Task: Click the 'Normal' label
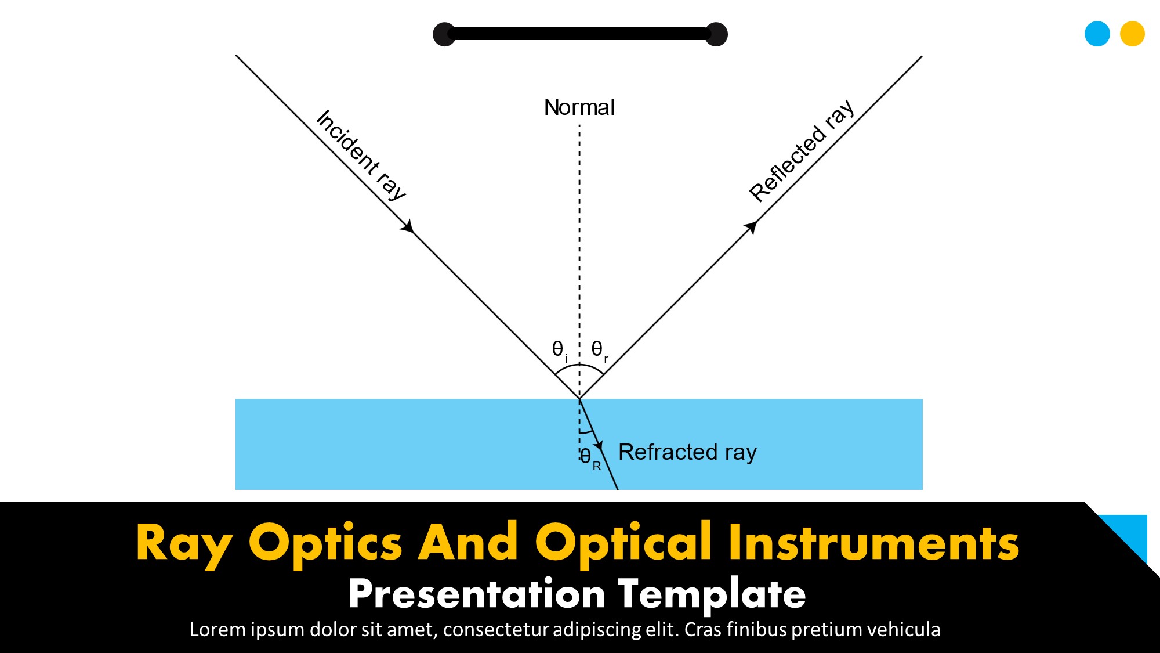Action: [x=579, y=107]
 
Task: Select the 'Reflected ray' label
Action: [x=802, y=151]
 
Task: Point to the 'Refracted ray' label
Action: [x=687, y=452]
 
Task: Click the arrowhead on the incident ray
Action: [x=408, y=227]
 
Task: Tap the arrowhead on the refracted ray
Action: [x=599, y=446]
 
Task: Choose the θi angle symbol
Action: [x=559, y=349]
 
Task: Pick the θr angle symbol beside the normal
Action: [x=598, y=349]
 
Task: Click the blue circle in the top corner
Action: [x=1097, y=34]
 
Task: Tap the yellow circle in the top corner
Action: [x=1132, y=34]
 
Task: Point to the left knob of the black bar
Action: [x=445, y=34]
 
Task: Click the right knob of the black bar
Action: [x=716, y=34]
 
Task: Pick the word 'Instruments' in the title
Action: [x=873, y=543]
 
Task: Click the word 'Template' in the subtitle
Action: [x=712, y=594]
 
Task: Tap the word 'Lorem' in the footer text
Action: [x=217, y=630]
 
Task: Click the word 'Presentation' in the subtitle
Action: [x=477, y=594]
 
